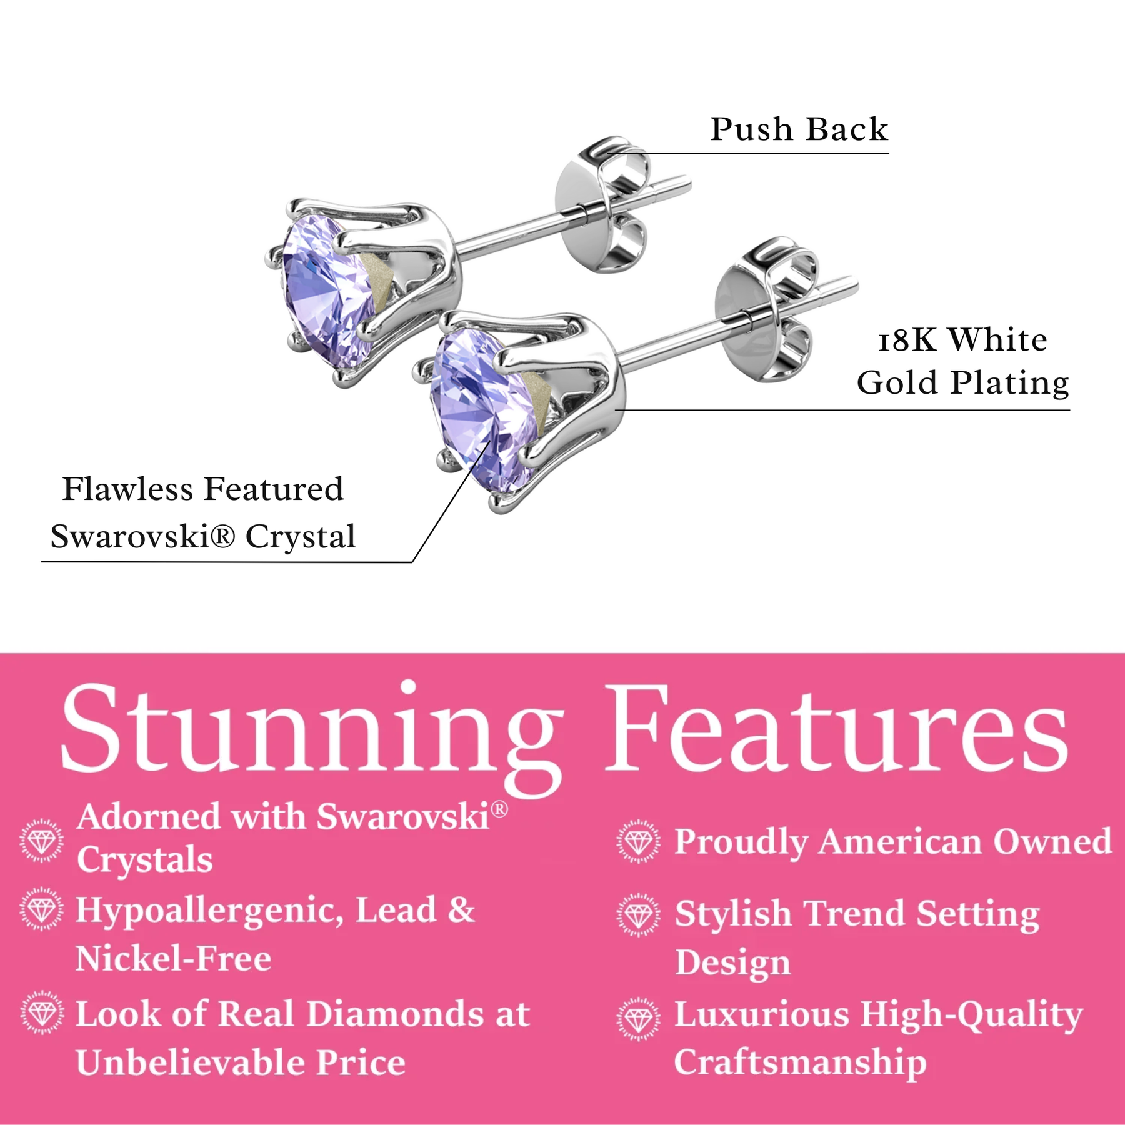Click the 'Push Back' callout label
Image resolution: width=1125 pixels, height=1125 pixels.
[x=799, y=130]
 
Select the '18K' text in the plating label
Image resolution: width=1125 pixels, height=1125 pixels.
[x=907, y=341]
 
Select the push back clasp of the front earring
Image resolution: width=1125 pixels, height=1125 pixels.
[x=766, y=309]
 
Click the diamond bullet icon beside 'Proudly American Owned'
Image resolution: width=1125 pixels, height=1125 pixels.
[x=638, y=841]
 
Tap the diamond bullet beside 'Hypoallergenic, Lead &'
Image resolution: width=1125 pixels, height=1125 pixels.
[x=42, y=909]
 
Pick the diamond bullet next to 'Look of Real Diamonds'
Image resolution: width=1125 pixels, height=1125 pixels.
[x=42, y=1012]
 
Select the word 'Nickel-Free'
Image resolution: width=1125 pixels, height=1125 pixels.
[x=174, y=958]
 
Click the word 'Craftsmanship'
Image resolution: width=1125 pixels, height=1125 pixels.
[x=800, y=1063]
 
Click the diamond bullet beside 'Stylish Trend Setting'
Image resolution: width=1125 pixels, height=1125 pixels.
[x=638, y=914]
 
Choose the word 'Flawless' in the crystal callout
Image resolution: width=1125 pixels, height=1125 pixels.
[x=128, y=489]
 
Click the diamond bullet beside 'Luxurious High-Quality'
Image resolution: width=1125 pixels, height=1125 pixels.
[x=638, y=1019]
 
